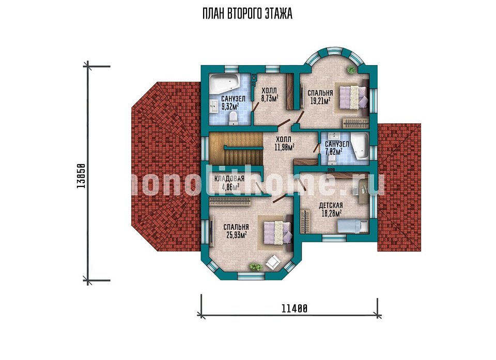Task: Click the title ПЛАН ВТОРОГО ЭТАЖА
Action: [x=247, y=14]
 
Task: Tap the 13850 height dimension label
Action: [x=81, y=176]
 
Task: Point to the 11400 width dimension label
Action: [x=294, y=308]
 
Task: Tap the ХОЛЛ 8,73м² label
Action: [x=269, y=95]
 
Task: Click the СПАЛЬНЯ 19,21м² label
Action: [x=320, y=97]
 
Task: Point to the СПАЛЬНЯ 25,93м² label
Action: [x=236, y=231]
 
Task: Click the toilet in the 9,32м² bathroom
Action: [x=233, y=117]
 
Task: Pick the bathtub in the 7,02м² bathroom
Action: [x=360, y=146]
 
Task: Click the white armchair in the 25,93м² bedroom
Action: [x=273, y=263]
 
